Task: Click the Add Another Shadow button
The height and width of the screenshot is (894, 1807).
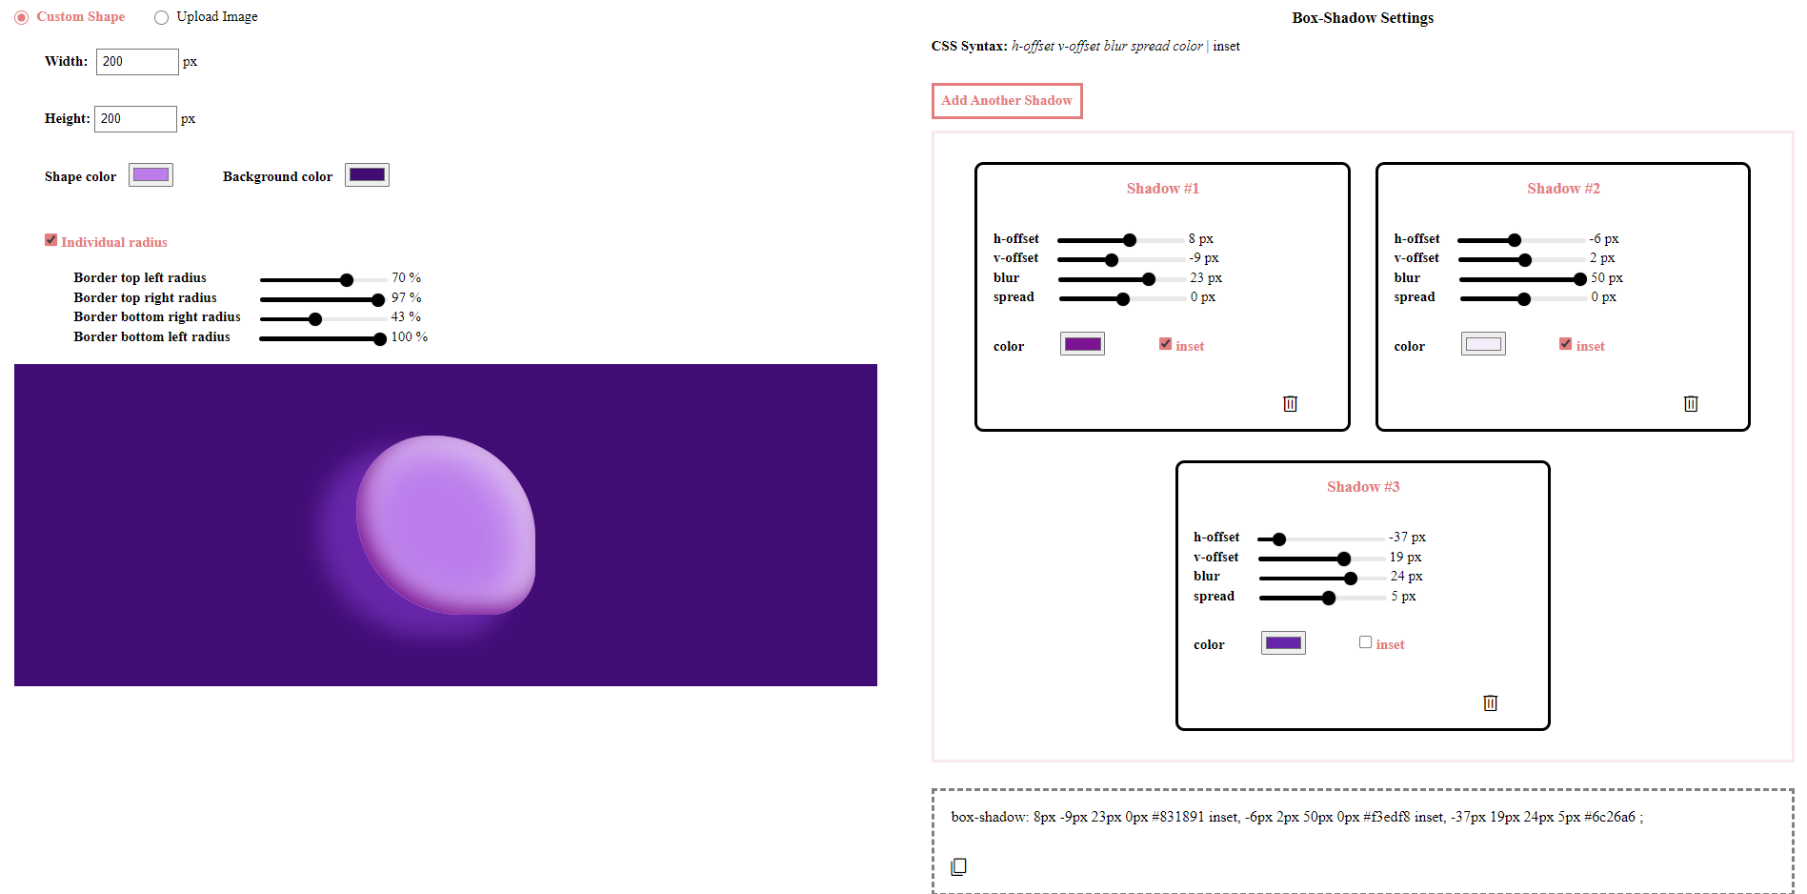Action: (x=1006, y=100)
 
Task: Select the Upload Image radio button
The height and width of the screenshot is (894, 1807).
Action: (x=162, y=17)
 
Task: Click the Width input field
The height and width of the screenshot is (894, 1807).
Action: (x=136, y=62)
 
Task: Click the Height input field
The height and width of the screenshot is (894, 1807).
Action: (x=134, y=119)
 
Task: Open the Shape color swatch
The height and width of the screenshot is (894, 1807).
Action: (x=151, y=175)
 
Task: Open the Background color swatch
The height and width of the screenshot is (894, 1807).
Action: (x=367, y=175)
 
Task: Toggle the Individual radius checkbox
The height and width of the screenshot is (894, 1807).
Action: (x=51, y=240)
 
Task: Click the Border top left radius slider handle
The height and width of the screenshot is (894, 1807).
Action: (x=347, y=280)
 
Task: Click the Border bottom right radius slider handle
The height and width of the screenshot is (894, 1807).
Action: (x=315, y=319)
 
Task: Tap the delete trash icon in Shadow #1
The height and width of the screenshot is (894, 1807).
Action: (x=1290, y=404)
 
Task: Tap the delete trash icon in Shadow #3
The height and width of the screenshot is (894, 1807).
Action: (x=1490, y=703)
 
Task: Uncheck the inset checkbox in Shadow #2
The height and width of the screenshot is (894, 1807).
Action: (x=1565, y=344)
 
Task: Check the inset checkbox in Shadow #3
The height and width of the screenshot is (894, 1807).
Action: (x=1365, y=642)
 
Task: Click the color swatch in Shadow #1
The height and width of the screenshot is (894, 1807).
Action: (x=1082, y=344)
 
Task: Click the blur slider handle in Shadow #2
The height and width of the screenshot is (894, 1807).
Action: (x=1580, y=279)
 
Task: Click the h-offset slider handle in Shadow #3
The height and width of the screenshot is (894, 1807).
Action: (x=1279, y=539)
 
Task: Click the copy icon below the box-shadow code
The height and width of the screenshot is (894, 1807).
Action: (x=958, y=866)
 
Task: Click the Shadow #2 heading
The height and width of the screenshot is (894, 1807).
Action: (x=1562, y=189)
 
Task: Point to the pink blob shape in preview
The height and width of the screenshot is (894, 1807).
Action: (x=446, y=524)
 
